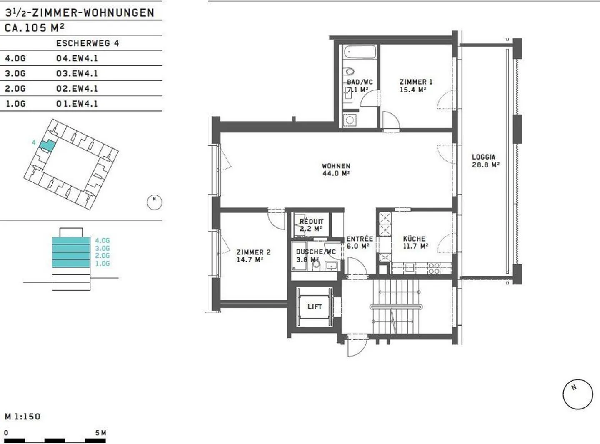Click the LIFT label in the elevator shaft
tap(315, 307)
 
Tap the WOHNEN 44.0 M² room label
tap(336, 170)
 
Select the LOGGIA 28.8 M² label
tap(485, 161)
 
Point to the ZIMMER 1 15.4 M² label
tap(415, 86)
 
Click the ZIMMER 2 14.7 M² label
tap(253, 256)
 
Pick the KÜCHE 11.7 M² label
tap(415, 242)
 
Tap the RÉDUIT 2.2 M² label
tap(311, 225)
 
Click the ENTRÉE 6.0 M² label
tap(359, 242)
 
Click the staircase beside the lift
tap(396, 307)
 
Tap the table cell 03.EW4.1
tap(77, 73)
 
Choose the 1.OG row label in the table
tap(15, 104)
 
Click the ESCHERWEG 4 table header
tap(87, 43)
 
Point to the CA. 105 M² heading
tap(35, 28)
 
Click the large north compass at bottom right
tap(577, 394)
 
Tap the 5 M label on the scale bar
tap(100, 433)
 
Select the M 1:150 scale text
tap(23, 417)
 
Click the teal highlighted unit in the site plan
tap(47, 145)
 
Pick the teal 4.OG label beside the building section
tap(102, 240)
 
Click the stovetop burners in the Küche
tap(434, 268)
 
